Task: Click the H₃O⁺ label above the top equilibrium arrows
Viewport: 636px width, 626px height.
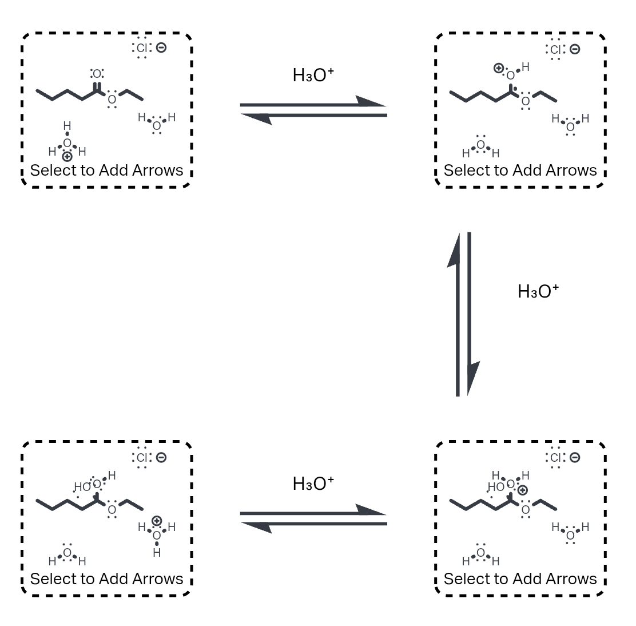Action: point(313,75)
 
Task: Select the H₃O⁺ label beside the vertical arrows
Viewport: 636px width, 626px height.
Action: point(538,291)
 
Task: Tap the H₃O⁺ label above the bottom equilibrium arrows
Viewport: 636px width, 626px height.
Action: point(313,484)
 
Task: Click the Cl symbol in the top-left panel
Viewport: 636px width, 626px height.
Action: point(142,48)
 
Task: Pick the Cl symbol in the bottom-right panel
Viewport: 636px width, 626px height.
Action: point(555,457)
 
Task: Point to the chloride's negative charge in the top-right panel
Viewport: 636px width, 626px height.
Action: point(575,49)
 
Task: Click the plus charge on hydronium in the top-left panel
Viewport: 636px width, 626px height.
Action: point(67,156)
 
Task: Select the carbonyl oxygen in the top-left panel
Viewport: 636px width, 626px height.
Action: point(97,74)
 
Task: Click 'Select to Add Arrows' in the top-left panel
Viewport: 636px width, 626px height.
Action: point(106,170)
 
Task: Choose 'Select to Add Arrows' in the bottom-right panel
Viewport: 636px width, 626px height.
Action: point(520,579)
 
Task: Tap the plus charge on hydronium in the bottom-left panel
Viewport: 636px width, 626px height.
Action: point(157,521)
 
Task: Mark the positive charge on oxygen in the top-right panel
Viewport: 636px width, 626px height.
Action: point(499,69)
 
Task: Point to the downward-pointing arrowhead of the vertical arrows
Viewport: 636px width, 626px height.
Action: point(472,378)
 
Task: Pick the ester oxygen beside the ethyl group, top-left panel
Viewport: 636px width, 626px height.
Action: point(112,100)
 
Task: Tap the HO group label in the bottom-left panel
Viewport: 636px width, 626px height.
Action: point(82,487)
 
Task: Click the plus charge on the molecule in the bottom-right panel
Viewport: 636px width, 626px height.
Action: point(522,490)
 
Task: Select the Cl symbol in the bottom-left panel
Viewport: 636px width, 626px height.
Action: point(142,457)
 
